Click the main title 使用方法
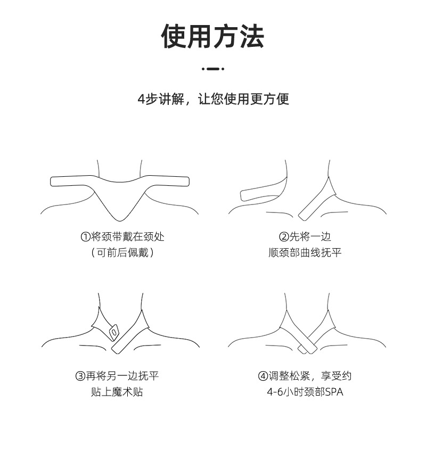(x=213, y=36)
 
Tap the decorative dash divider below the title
(x=213, y=69)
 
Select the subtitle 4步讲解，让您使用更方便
(x=213, y=99)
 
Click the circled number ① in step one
(x=85, y=236)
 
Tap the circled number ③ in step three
(x=80, y=376)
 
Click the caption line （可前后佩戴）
(x=122, y=252)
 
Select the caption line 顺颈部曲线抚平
(x=305, y=252)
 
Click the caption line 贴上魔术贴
(x=117, y=392)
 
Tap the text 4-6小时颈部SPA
(x=305, y=392)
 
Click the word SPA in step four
(x=334, y=392)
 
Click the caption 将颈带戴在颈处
(x=128, y=236)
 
